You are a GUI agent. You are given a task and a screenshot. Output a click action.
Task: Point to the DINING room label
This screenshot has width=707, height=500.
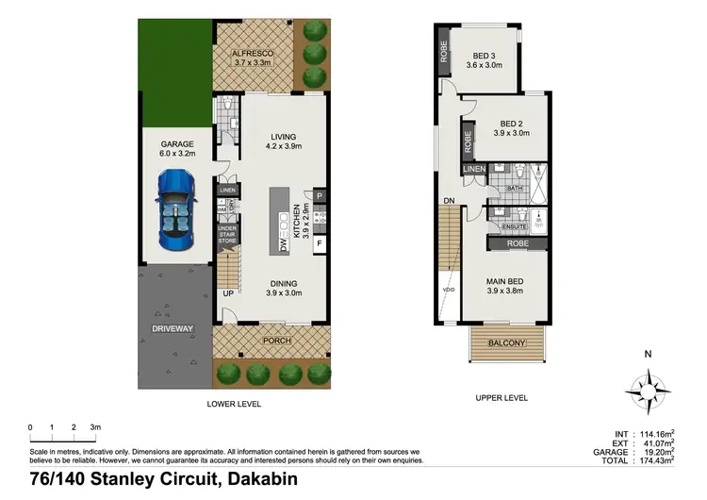pyautogui.click(x=284, y=283)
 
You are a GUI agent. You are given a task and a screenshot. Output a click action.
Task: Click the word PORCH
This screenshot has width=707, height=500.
pyautogui.click(x=277, y=341)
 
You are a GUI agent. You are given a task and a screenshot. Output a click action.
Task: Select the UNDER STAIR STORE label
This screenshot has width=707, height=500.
pyautogui.click(x=227, y=235)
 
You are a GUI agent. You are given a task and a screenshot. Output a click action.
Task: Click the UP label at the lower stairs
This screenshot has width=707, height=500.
pyautogui.click(x=227, y=294)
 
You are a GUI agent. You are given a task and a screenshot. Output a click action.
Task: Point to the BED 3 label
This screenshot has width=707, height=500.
pyautogui.click(x=484, y=56)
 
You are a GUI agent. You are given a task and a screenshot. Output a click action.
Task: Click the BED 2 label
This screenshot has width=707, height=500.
pyautogui.click(x=511, y=124)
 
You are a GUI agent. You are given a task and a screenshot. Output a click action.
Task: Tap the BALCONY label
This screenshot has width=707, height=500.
pyautogui.click(x=508, y=344)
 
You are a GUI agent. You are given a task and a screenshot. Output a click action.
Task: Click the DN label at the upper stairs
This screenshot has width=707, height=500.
pyautogui.click(x=450, y=201)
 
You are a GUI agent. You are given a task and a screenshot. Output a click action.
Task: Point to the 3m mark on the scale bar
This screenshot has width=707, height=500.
pyautogui.click(x=96, y=427)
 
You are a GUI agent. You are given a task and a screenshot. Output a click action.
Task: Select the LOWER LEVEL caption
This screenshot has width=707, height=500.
pyautogui.click(x=234, y=404)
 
